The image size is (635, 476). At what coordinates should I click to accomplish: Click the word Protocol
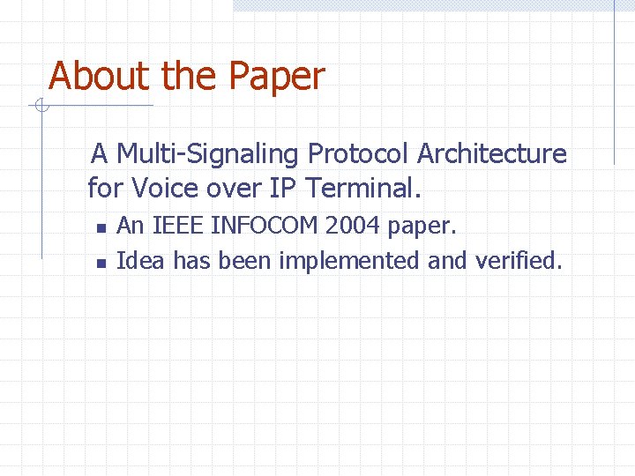point(358,154)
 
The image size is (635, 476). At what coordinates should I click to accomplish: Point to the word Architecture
point(491,154)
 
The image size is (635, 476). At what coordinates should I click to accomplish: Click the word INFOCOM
point(262,226)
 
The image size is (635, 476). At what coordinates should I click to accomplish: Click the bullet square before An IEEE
point(101,228)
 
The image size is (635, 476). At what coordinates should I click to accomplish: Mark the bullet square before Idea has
point(101,263)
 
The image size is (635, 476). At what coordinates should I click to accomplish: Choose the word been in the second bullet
point(245,260)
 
